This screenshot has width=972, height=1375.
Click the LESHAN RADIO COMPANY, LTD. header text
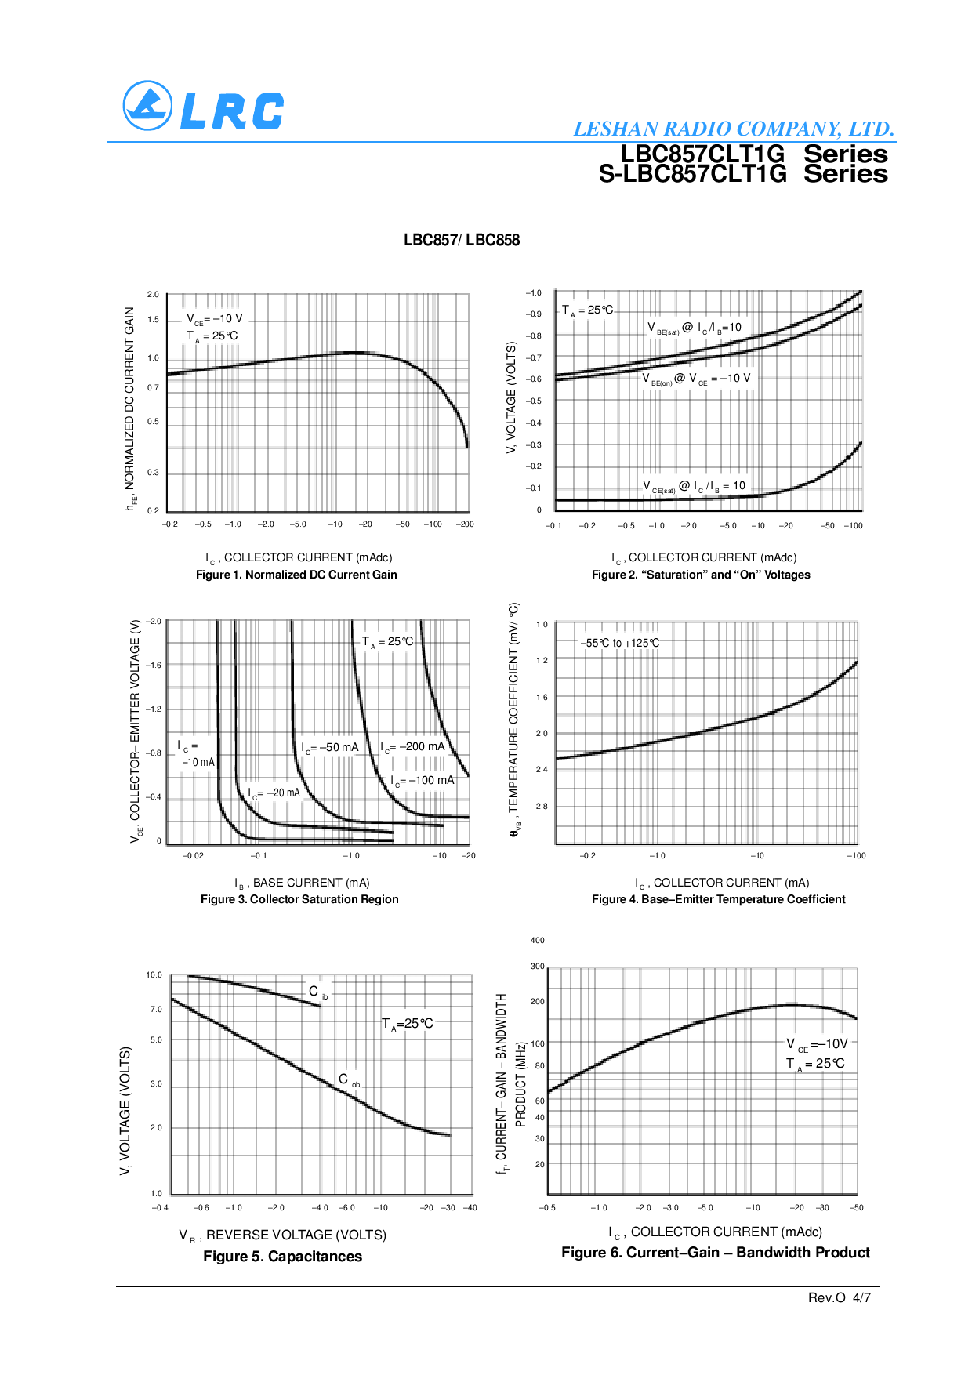733,129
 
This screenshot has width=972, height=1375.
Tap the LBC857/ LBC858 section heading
462,240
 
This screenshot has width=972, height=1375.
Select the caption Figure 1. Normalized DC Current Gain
296,575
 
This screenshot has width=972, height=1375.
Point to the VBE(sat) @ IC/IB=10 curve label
694,328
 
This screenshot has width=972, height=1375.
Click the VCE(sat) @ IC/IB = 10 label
694,486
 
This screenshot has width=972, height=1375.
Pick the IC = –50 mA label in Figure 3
330,748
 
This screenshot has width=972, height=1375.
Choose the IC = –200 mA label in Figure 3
412,747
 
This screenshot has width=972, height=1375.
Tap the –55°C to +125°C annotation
619,643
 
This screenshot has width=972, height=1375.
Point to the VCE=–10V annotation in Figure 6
817,1044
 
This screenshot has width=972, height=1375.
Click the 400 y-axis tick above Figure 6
538,940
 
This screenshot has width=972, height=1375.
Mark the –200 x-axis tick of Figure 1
465,524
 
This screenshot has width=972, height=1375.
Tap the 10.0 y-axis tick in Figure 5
154,975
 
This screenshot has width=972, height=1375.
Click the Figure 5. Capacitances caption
282,1257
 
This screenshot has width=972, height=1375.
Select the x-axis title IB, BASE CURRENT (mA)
302,883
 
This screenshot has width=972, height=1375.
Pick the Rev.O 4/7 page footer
839,1297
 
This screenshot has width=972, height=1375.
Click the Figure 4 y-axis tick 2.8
542,806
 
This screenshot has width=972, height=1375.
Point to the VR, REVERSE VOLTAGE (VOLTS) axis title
282,1235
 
